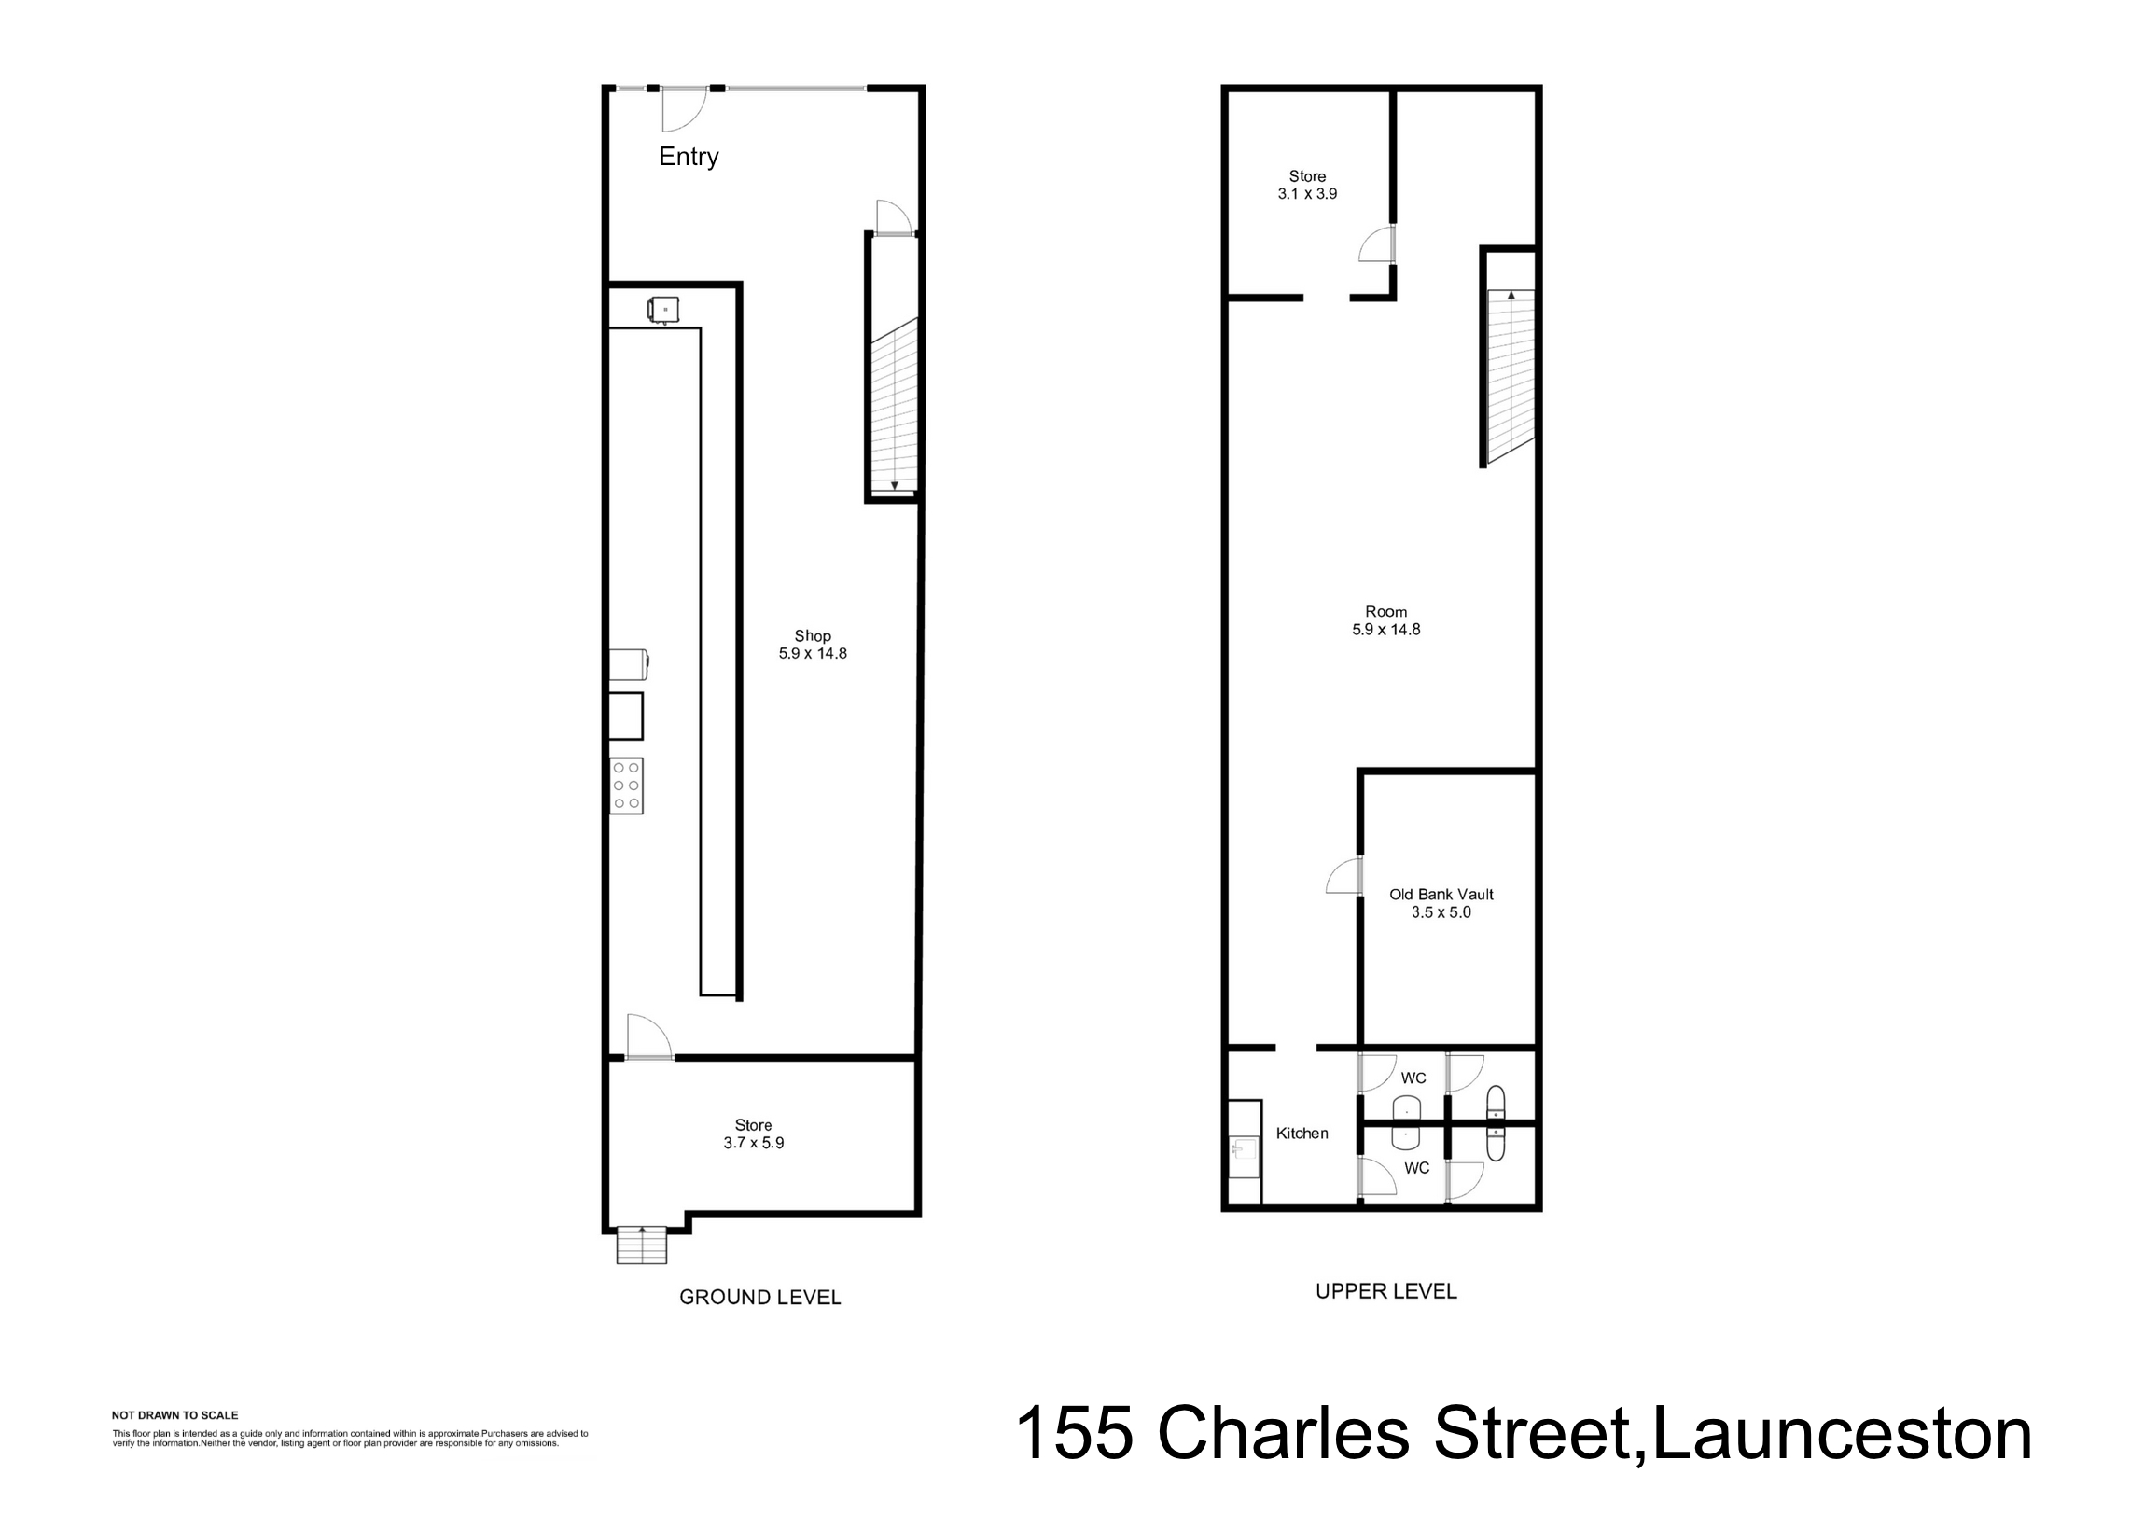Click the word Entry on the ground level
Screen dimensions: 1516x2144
(x=689, y=157)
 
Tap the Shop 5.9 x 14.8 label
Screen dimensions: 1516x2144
(x=813, y=645)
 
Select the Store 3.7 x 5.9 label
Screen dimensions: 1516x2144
(x=754, y=1134)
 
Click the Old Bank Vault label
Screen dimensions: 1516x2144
(x=1441, y=903)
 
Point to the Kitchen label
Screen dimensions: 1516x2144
(x=1302, y=1134)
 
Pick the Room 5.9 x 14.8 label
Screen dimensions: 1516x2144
(x=1385, y=620)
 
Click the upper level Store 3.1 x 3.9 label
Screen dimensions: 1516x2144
(x=1307, y=185)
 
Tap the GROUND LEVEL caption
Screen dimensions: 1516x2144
(x=760, y=1297)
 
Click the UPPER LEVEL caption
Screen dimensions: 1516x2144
(x=1385, y=1291)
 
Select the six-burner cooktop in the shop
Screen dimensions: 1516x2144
(x=627, y=786)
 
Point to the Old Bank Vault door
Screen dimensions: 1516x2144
(x=1344, y=878)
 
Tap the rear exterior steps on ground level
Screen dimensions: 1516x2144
(x=642, y=1245)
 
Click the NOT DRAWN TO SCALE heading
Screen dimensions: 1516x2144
(x=174, y=1415)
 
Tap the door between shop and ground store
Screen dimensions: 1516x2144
(x=649, y=1037)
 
